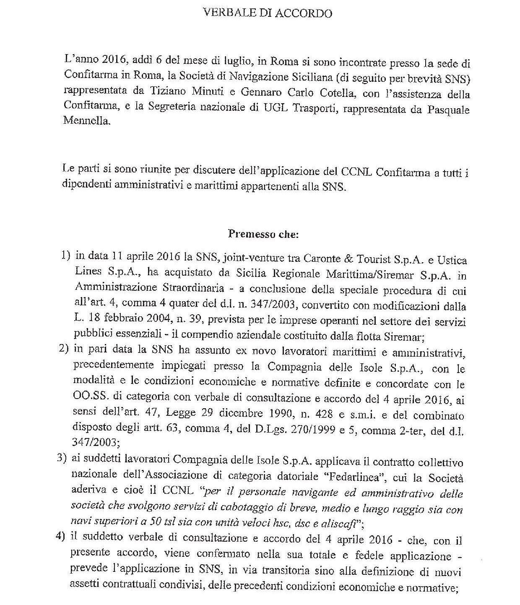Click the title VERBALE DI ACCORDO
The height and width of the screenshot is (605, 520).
click(x=268, y=13)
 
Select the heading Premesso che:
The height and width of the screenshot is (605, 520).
click(x=263, y=234)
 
